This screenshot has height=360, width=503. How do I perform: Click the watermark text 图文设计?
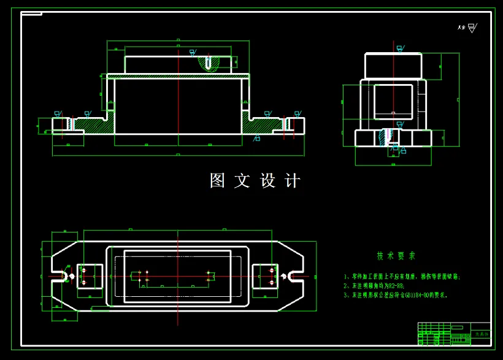(x=255, y=180)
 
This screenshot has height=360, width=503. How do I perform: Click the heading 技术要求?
(x=396, y=256)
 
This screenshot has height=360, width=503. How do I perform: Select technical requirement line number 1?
(x=402, y=277)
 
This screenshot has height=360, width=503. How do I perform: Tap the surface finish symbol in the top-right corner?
(x=471, y=28)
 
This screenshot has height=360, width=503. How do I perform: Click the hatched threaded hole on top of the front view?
(x=209, y=63)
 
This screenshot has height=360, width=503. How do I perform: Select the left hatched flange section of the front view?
(x=92, y=126)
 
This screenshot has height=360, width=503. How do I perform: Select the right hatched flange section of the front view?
(x=263, y=126)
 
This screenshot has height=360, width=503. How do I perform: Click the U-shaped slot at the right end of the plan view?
(x=296, y=276)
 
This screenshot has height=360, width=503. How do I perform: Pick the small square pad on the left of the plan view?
(x=90, y=276)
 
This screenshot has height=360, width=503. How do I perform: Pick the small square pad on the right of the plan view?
(x=265, y=276)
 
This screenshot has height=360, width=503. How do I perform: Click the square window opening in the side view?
(x=393, y=101)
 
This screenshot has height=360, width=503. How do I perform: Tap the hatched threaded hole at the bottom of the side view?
(x=386, y=137)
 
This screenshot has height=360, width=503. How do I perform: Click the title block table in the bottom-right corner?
(x=454, y=334)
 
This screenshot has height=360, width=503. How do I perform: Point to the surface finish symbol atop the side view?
(x=400, y=48)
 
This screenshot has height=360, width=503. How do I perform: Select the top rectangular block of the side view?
(x=393, y=66)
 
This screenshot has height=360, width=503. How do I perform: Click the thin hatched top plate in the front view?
(x=178, y=76)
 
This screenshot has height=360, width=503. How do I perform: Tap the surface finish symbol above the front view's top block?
(x=193, y=53)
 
